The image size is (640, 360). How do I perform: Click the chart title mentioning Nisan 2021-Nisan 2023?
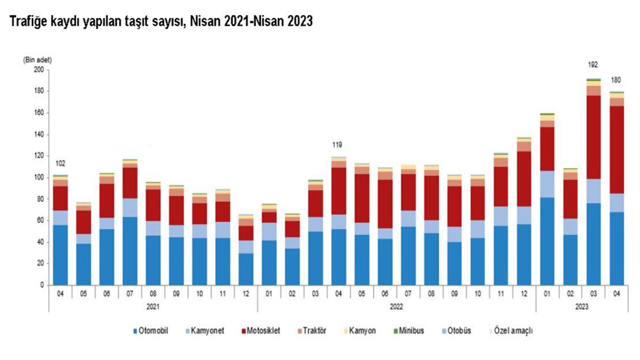coord(158,21)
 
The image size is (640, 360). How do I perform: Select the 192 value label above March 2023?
coord(593,65)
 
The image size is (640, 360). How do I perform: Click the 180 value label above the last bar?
coord(617,80)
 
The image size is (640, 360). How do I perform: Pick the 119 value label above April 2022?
coord(337,145)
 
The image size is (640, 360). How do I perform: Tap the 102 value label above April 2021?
coord(60,164)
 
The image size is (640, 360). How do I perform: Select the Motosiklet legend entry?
coord(261,331)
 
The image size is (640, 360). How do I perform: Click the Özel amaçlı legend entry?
coord(513,331)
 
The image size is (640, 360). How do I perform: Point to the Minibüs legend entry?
coord(410,331)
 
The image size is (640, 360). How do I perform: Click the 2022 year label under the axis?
coord(396,307)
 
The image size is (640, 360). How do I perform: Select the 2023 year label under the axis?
coord(582,307)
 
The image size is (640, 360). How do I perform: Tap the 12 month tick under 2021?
coord(246,293)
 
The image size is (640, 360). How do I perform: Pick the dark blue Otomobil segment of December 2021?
coord(246,269)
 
